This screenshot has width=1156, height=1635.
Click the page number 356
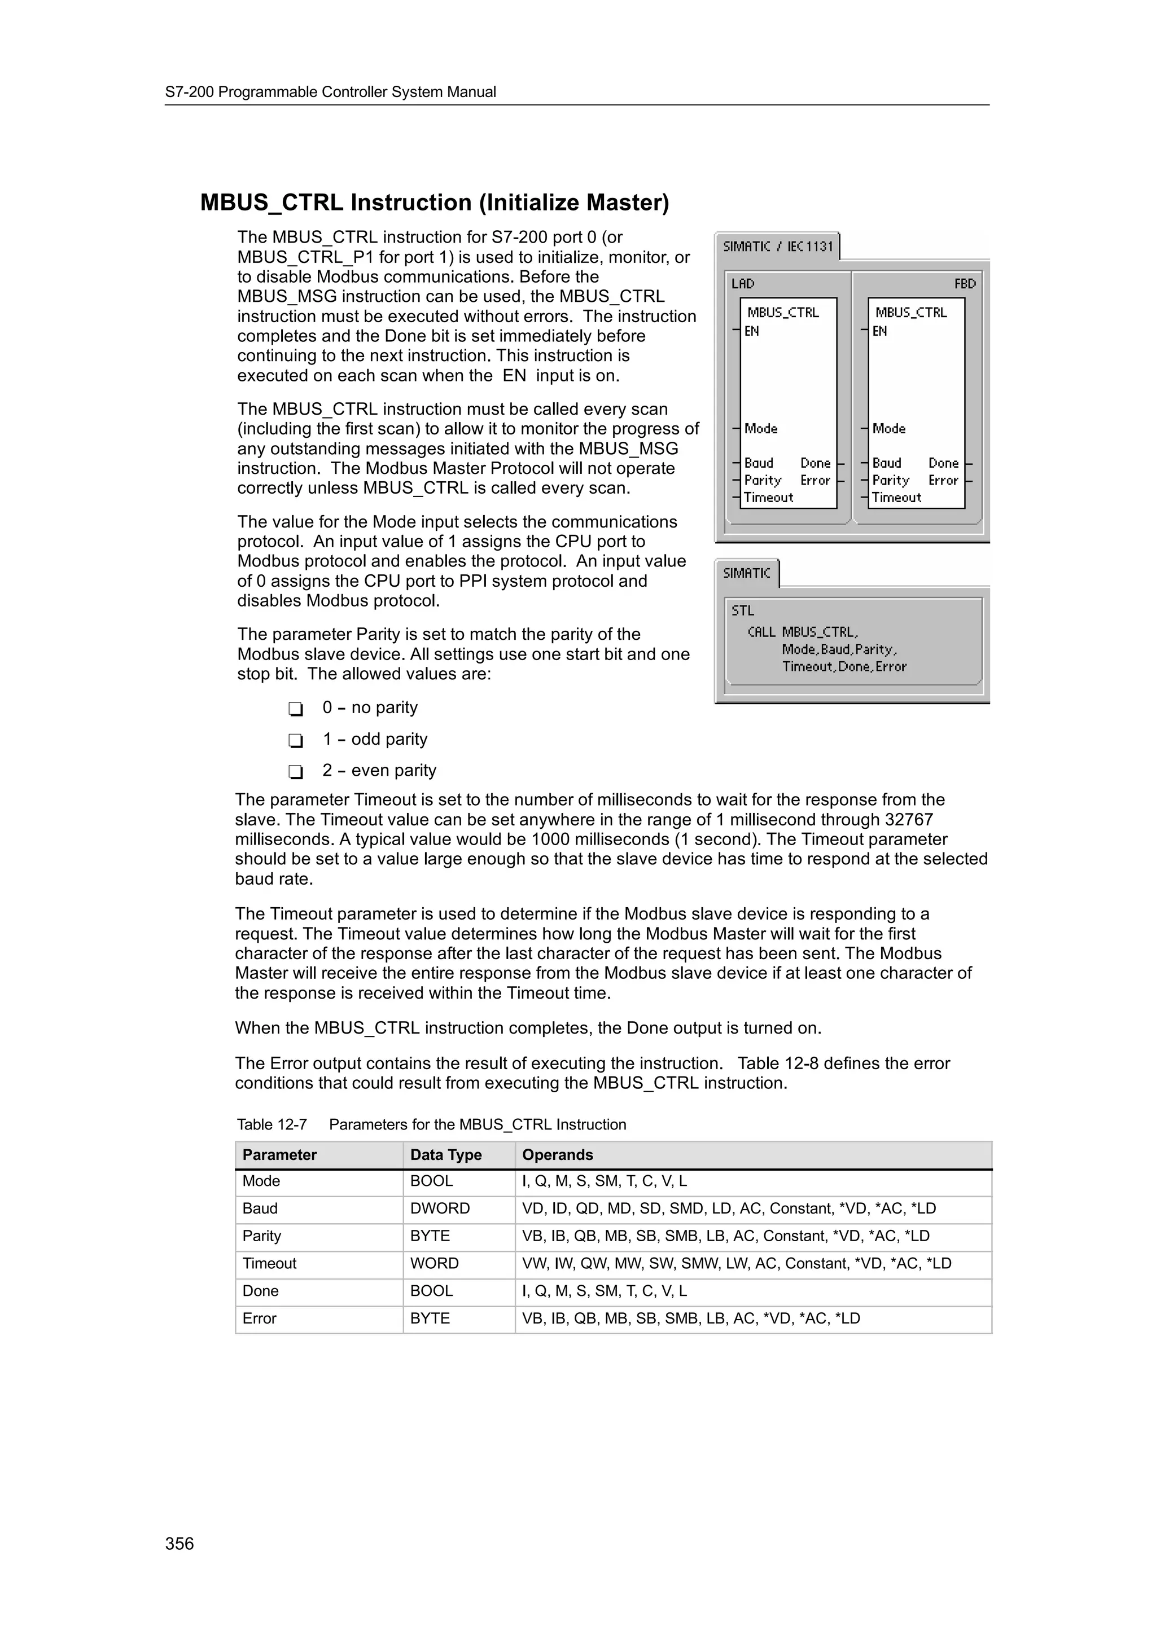click(x=179, y=1543)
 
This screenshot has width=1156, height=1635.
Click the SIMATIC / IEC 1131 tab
click(x=777, y=247)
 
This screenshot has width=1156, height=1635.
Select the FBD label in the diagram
click(x=965, y=283)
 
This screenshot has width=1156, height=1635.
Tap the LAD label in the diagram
click(x=742, y=283)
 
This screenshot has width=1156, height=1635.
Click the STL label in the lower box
click(x=742, y=610)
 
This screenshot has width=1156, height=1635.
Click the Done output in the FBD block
click(x=943, y=463)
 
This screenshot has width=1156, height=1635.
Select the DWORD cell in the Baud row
click(x=440, y=1208)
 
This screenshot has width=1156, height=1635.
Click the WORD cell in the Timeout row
click(x=433, y=1263)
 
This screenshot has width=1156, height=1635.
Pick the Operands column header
click(x=557, y=1155)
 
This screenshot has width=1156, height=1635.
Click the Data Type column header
click(x=446, y=1155)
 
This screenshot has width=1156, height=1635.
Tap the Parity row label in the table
click(x=261, y=1236)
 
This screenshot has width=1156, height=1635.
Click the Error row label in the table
click(x=259, y=1318)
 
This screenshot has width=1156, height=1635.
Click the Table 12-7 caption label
click(x=272, y=1124)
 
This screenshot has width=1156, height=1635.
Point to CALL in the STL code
click(x=761, y=632)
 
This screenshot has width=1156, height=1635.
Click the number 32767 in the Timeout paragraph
click(x=908, y=820)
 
